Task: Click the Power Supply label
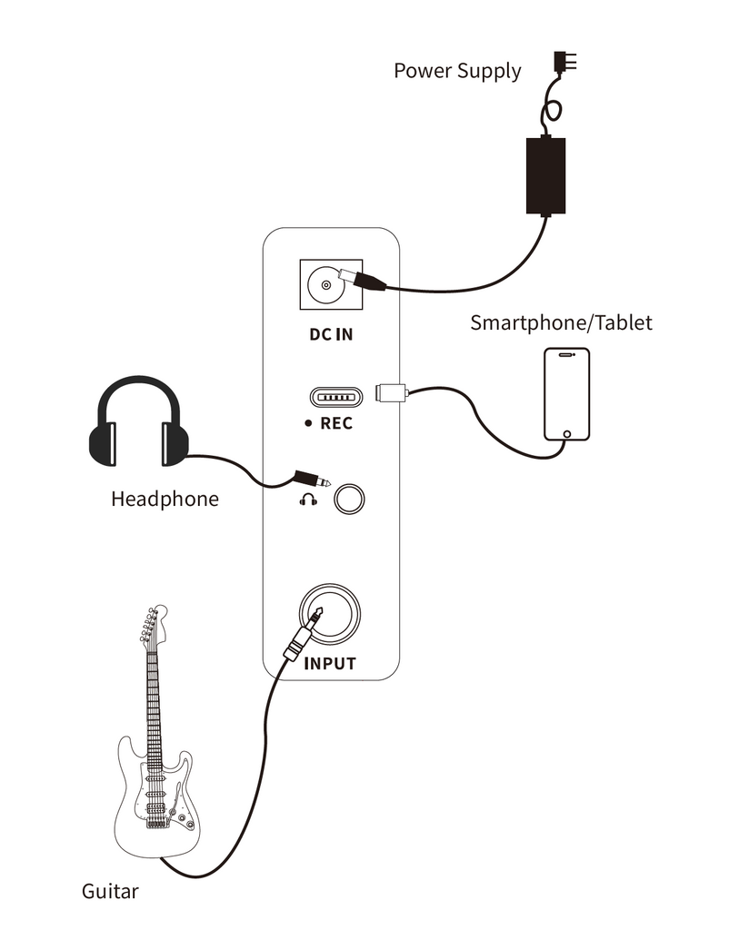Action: [x=457, y=71]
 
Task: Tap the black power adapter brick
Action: [x=546, y=175]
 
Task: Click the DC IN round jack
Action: [x=324, y=286]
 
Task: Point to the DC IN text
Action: [x=331, y=334]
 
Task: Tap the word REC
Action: [x=336, y=423]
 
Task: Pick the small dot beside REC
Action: [x=309, y=424]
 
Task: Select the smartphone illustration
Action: [x=567, y=393]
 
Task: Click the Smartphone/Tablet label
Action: [x=561, y=322]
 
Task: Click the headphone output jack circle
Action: [x=348, y=499]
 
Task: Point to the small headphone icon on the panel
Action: [x=309, y=500]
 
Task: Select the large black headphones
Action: [x=138, y=424]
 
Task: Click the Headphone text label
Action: [x=165, y=499]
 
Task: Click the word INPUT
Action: [x=330, y=664]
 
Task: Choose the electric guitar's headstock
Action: [x=152, y=625]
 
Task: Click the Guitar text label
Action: [x=110, y=891]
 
